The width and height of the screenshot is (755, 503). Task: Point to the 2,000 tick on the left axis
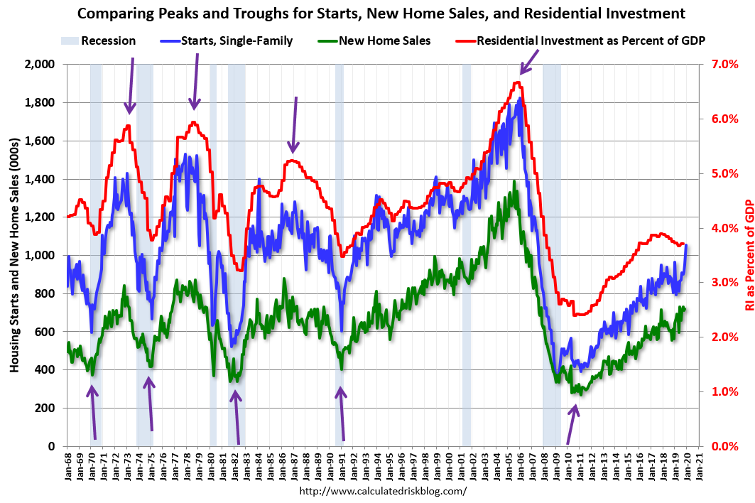click(42, 65)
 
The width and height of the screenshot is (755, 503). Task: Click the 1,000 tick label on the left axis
click(42, 256)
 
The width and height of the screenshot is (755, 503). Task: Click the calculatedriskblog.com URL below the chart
click(384, 492)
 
